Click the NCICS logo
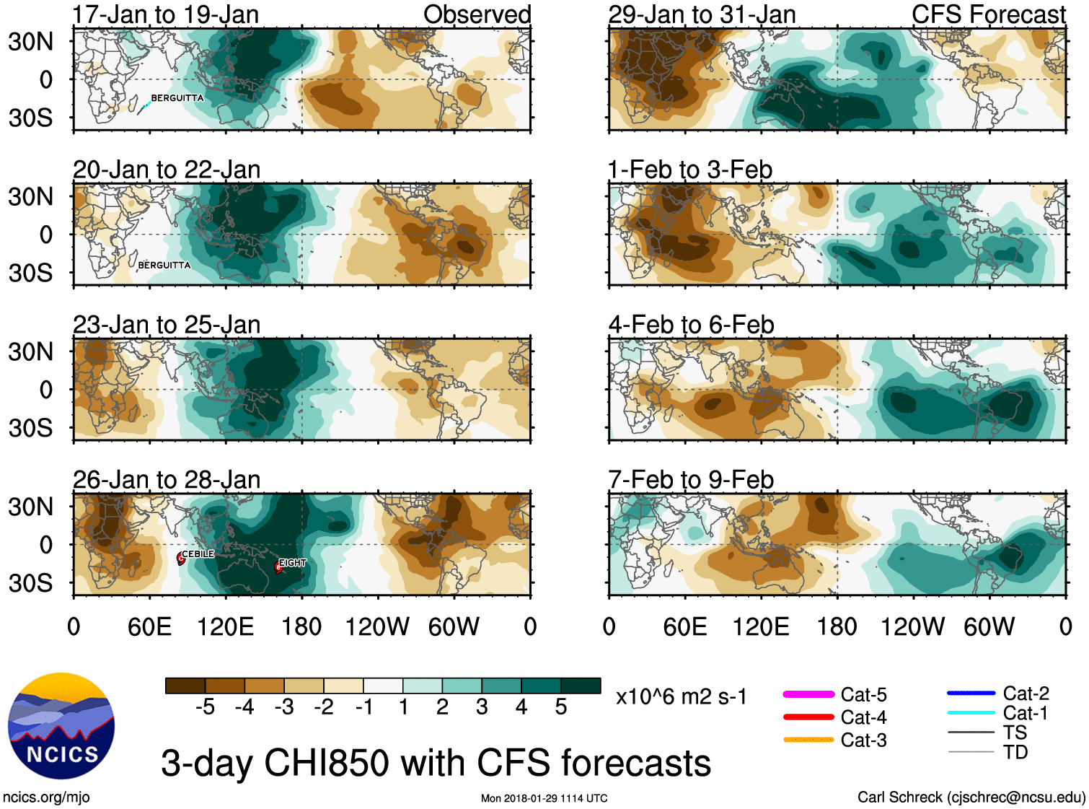tap(61, 726)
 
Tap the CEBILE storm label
tap(198, 554)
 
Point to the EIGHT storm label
tap(292, 562)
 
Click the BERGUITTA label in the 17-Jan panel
tap(177, 98)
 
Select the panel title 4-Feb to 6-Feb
tap(691, 325)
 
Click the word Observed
tap(477, 14)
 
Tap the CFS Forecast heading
tap(988, 14)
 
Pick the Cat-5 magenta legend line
tap(808, 694)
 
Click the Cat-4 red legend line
tap(808, 717)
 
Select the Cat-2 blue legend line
tap(971, 693)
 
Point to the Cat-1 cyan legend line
tap(971, 712)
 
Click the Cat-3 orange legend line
tap(808, 740)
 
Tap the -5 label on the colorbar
tap(205, 707)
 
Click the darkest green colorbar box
tap(581, 686)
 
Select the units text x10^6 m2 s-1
tap(681, 697)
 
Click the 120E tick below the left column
tap(225, 626)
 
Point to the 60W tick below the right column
tap(989, 626)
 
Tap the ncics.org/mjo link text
tap(46, 797)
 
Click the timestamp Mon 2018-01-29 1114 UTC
tap(544, 798)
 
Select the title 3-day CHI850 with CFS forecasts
tap(436, 763)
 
